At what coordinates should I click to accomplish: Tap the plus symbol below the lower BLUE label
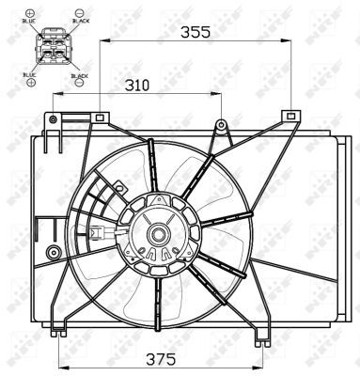[x=31, y=82]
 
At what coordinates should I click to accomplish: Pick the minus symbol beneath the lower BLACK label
[x=80, y=84]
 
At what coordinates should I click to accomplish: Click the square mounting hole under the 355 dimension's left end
[x=99, y=117]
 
